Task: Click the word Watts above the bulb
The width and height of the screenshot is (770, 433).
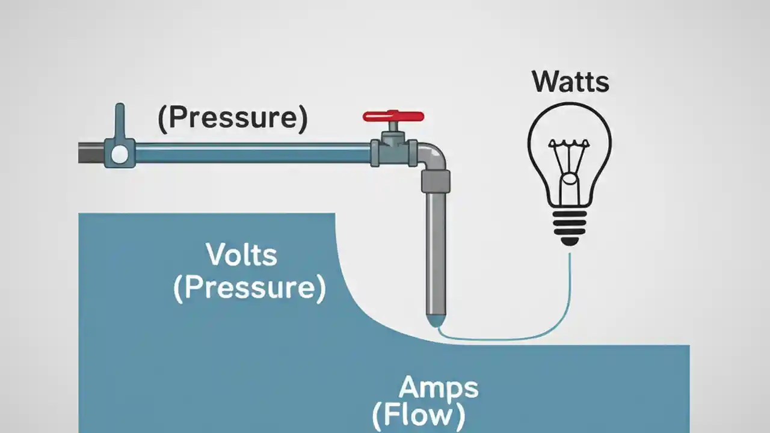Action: pyautogui.click(x=570, y=82)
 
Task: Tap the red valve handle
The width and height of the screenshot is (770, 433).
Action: pyautogui.click(x=393, y=116)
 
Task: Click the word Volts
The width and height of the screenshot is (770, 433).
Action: pyautogui.click(x=242, y=255)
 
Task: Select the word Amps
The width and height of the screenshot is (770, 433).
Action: pyautogui.click(x=439, y=387)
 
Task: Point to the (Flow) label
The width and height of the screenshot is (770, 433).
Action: pyautogui.click(x=418, y=415)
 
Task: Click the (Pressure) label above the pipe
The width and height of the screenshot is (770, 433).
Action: pyautogui.click(x=232, y=118)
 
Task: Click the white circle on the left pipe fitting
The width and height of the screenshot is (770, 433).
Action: pyautogui.click(x=120, y=154)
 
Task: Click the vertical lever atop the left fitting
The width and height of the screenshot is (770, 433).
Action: pyautogui.click(x=120, y=121)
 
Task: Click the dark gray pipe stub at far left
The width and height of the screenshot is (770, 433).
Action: pyautogui.click(x=91, y=153)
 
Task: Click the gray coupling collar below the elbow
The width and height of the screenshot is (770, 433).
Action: pyautogui.click(x=436, y=180)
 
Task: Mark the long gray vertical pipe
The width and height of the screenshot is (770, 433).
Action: pyautogui.click(x=436, y=253)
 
